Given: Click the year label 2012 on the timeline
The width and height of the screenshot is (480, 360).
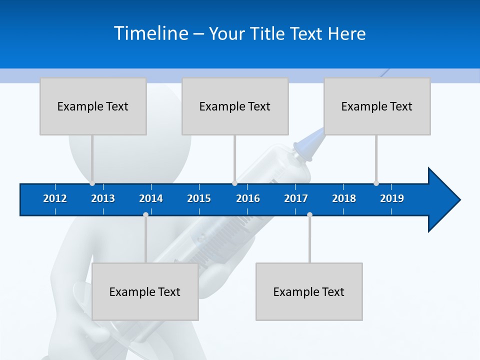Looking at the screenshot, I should [55, 198].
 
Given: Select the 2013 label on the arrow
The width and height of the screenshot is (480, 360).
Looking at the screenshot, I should [103, 198].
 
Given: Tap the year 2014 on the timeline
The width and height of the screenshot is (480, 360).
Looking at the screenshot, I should [151, 198].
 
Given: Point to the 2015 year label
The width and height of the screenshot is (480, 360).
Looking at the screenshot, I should [199, 198].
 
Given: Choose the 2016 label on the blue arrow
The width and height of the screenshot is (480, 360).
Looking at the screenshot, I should [248, 198].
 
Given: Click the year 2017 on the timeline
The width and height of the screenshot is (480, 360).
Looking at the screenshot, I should [296, 198].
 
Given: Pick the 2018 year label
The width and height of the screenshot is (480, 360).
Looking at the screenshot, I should [344, 198].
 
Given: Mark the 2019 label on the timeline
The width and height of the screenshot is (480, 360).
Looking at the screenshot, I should [392, 198].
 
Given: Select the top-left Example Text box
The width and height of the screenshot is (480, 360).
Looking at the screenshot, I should [93, 106].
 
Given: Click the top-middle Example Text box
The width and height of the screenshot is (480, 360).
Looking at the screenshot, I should [235, 106].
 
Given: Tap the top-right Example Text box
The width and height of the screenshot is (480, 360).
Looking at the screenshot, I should [377, 106].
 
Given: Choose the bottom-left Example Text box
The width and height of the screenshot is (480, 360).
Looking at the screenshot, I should [145, 291].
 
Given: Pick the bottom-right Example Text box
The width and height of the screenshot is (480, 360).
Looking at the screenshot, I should [309, 291].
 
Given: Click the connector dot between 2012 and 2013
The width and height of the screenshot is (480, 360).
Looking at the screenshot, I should [92, 183].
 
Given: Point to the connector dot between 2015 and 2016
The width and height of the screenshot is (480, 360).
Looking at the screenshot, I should [234, 183].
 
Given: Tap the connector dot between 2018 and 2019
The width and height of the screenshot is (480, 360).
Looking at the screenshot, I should [376, 183].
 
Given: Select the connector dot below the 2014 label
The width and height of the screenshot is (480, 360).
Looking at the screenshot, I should [145, 214].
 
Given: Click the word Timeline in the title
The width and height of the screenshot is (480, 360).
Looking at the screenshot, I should [151, 33].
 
